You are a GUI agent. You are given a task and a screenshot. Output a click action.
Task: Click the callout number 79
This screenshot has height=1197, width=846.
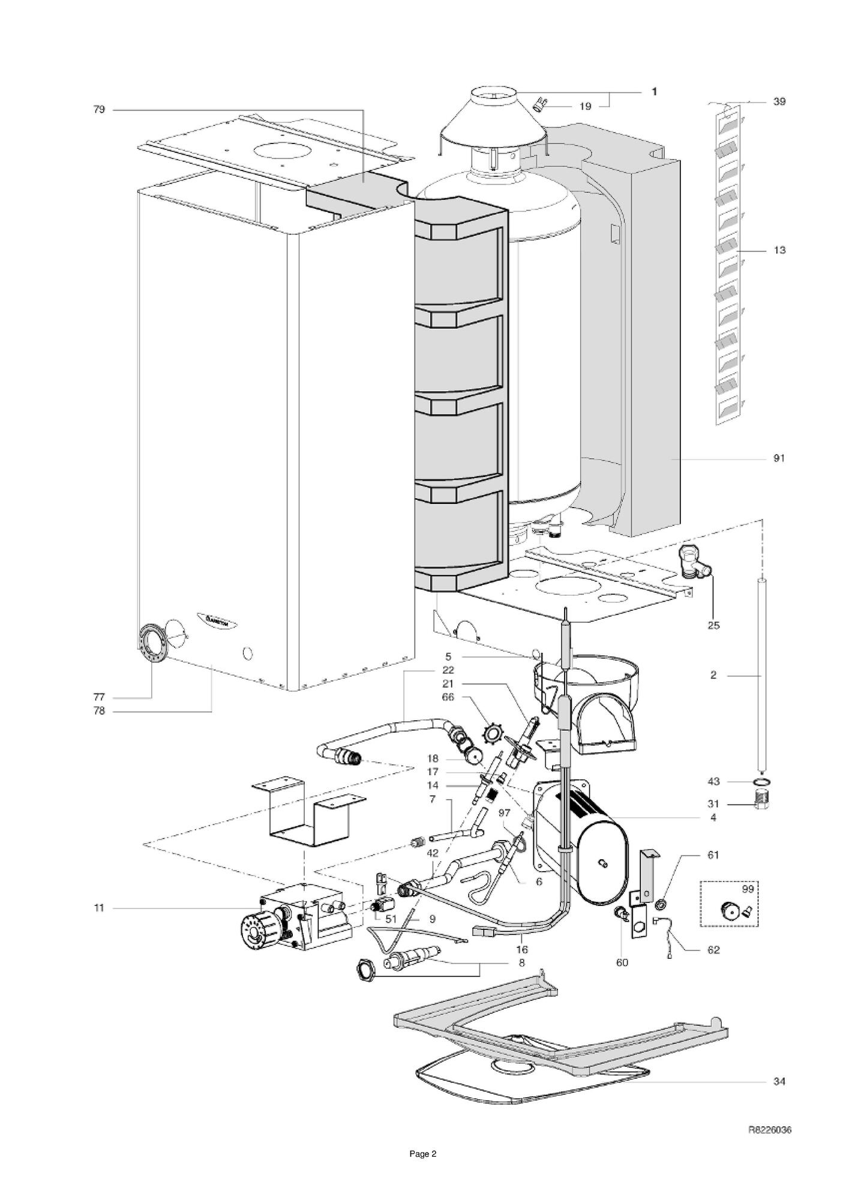99,109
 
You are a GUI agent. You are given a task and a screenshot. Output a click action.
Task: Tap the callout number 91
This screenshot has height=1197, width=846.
779,458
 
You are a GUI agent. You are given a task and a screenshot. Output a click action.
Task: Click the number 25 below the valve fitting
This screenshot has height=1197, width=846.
713,625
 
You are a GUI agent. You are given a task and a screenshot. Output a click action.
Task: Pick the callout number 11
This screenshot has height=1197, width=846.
99,908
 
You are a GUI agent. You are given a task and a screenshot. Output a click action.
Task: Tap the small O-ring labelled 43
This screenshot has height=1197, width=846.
761,782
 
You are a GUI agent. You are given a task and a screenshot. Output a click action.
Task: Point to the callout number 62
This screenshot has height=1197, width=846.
713,950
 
